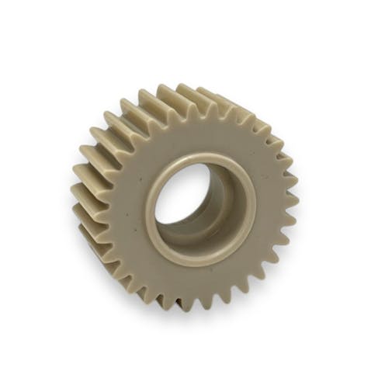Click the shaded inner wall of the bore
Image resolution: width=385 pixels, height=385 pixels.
(x=225, y=198)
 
